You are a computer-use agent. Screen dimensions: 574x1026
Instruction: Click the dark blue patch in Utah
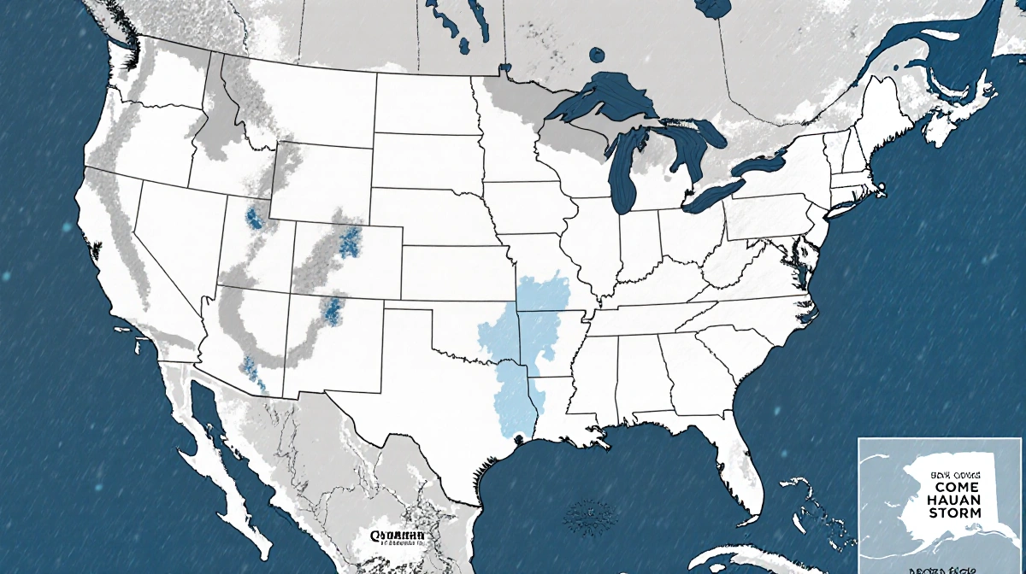tap(254, 218)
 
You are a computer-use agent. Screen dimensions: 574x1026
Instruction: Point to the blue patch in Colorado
tap(349, 243)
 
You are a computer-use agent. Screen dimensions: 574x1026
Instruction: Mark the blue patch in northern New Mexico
tap(332, 309)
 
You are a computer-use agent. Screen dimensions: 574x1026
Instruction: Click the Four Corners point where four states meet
tap(290, 294)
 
